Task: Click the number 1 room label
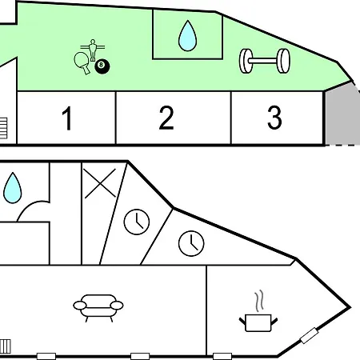[67, 118]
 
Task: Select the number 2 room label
[166, 118]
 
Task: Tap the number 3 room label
[274, 118]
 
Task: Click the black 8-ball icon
[102, 66]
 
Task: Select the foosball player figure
[93, 50]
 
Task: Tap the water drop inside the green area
[187, 36]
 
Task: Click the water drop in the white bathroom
[12, 188]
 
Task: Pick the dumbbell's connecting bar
[264, 61]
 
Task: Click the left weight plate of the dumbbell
[246, 61]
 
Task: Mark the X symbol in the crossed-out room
[100, 183]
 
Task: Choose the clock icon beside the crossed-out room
[137, 222]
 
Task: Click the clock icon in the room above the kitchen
[191, 243]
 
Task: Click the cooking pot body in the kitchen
[258, 323]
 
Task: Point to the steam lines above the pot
[259, 301]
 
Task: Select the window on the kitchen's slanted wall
[309, 335]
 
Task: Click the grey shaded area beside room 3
[342, 114]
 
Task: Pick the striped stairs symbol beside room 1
[3, 128]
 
